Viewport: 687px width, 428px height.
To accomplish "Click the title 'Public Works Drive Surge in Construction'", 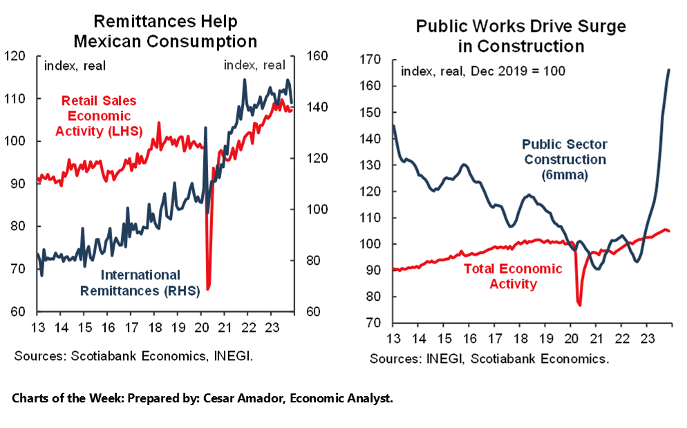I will [x=520, y=37].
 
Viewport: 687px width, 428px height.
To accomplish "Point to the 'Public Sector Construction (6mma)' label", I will [x=564, y=160].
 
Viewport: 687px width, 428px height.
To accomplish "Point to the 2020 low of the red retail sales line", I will [x=208, y=288].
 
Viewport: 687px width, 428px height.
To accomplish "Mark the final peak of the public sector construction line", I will [x=668, y=70].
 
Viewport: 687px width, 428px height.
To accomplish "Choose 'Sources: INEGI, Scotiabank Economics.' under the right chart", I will [x=489, y=359].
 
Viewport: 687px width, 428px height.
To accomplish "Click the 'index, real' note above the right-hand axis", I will [x=254, y=65].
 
